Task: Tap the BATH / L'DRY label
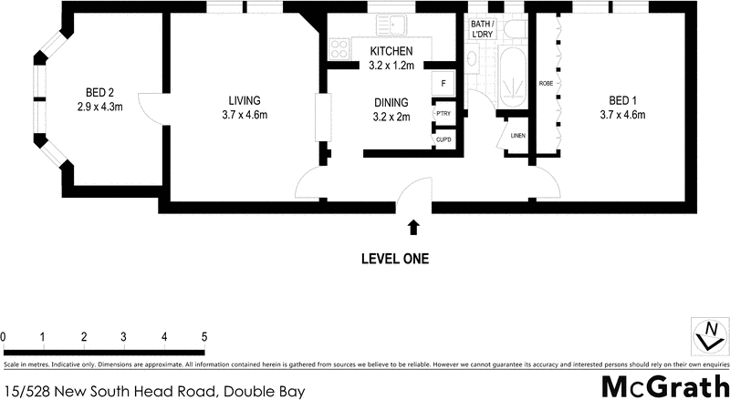coord(482,30)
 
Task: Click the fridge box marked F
coord(443,82)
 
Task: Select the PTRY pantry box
coord(443,114)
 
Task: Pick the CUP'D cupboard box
coord(443,139)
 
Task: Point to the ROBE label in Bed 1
coord(546,84)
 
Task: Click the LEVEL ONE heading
coord(395,259)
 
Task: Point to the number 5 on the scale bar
coord(204,336)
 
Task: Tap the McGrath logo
coord(662,385)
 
